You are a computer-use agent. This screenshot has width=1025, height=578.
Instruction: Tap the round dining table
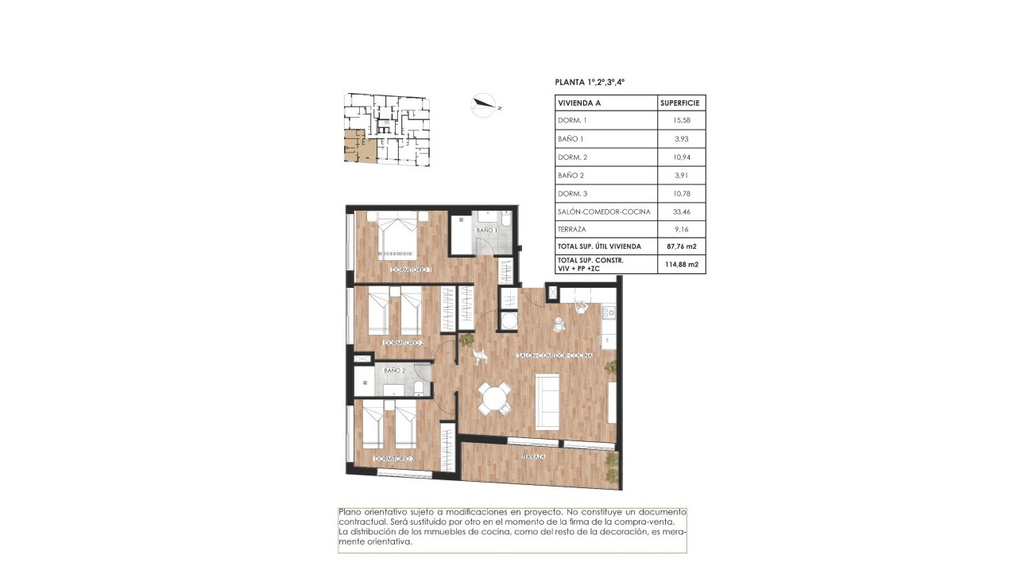pos(494,398)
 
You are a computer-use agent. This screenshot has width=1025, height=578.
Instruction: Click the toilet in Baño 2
pos(418,387)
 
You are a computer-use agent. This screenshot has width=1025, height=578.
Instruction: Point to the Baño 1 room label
pos(486,230)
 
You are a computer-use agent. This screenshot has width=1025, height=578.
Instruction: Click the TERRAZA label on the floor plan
pos(533,458)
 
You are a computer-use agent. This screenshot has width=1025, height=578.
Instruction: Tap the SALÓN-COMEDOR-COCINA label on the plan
pos(554,355)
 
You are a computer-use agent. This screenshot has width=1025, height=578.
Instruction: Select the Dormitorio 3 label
pos(395,459)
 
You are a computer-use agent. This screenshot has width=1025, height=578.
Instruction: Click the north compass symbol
pos(483,105)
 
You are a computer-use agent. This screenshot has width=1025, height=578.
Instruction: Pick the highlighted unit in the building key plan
pos(355,146)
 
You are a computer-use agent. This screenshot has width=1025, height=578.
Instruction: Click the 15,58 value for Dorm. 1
pos(682,121)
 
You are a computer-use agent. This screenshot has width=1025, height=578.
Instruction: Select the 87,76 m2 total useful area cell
pos(682,246)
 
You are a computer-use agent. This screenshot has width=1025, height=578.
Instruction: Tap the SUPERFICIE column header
pos(682,103)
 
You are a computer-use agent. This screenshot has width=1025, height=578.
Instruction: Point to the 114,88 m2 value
pos(682,265)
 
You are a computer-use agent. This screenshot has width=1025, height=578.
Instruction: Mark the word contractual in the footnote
pos(364,522)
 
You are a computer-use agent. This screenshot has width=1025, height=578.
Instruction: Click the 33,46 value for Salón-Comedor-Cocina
pos(682,211)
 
